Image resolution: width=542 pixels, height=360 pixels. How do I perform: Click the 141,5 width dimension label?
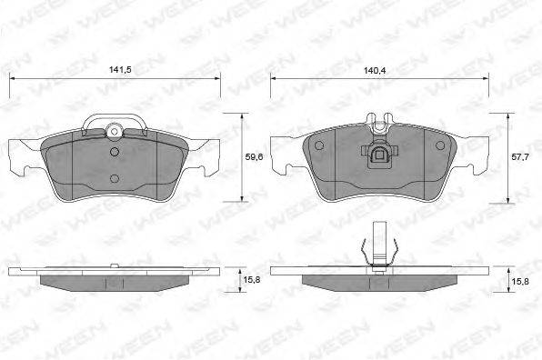click(x=120, y=70)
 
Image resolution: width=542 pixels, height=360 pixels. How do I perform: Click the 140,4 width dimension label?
click(x=375, y=71)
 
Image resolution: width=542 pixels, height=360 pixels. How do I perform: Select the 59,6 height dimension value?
click(x=254, y=157)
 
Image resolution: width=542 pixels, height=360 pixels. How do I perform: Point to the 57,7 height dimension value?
click(x=520, y=157)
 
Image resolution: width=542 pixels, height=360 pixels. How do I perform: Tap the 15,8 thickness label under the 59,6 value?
click(x=252, y=280)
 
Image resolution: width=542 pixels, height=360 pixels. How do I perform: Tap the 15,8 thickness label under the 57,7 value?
click(x=520, y=282)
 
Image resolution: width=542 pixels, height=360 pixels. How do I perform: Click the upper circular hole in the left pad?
click(x=115, y=152)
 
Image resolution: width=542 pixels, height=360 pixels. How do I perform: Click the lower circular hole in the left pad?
click(x=115, y=178)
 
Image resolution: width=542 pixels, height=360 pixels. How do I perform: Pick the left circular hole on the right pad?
click(x=319, y=145)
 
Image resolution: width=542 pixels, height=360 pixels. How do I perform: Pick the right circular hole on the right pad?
click(x=440, y=145)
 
